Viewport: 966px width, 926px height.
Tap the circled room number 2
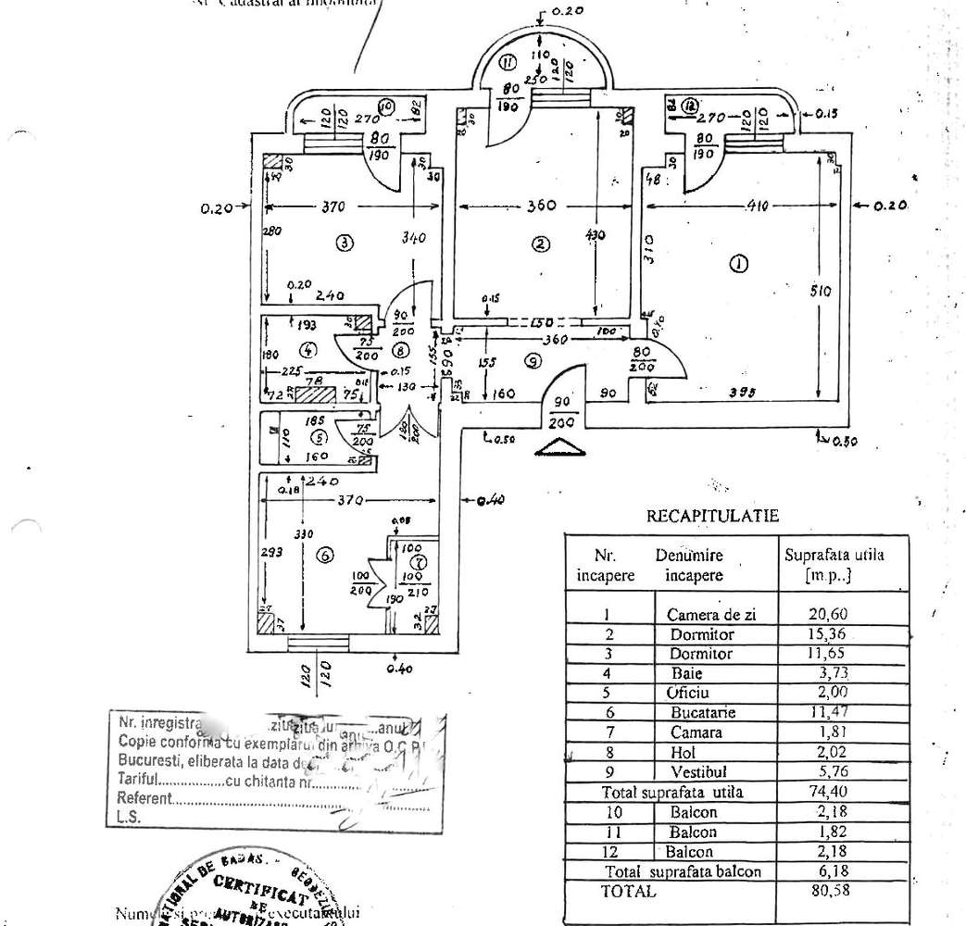[540, 244]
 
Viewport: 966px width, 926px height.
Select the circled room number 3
[344, 244]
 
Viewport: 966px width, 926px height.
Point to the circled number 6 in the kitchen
[324, 556]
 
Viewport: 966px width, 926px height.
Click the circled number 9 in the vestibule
[533, 362]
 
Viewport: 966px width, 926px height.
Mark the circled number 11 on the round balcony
[507, 63]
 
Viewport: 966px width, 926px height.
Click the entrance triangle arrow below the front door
[561, 450]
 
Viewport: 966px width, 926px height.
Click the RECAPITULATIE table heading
[712, 516]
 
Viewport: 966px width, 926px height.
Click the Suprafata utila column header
[834, 565]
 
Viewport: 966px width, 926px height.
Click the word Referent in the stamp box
[144, 798]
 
